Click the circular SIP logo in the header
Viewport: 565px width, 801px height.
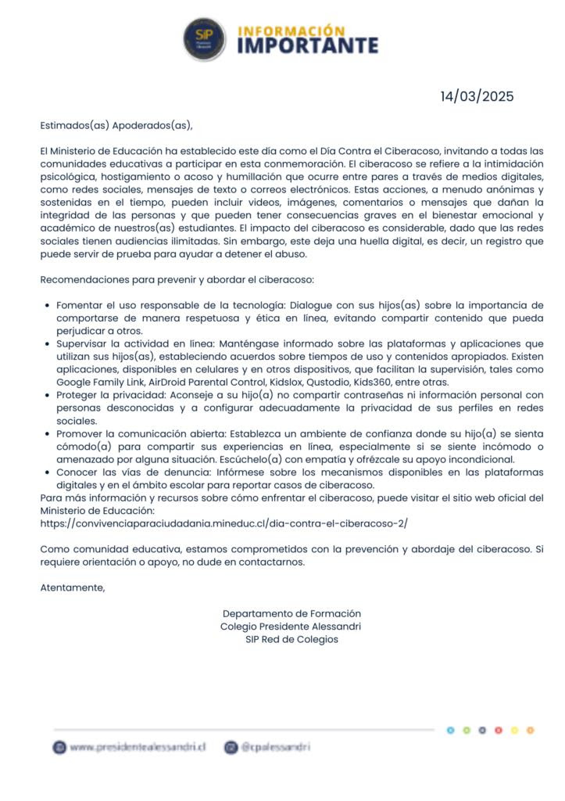click(205, 39)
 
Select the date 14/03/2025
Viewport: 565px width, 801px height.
click(477, 97)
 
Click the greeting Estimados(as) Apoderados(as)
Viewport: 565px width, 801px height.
click(116, 125)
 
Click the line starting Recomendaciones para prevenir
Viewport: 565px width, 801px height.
click(177, 279)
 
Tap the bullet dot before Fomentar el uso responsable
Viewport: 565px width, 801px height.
click(48, 306)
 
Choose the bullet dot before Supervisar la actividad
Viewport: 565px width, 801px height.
click(48, 344)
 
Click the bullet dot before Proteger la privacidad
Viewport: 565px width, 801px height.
click(48, 396)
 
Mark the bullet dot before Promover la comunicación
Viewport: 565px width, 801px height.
click(48, 434)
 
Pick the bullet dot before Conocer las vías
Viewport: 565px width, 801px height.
click(48, 472)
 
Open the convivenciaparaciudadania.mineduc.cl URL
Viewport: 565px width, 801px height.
click(223, 523)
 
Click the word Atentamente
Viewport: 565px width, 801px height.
click(72, 587)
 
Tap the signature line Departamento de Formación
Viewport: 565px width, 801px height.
click(291, 614)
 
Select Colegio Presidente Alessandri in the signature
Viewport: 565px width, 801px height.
click(291, 627)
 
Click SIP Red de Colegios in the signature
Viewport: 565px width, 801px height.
click(291, 639)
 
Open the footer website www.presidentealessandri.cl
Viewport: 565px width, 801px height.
click(137, 748)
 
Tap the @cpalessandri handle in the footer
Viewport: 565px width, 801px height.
click(275, 748)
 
